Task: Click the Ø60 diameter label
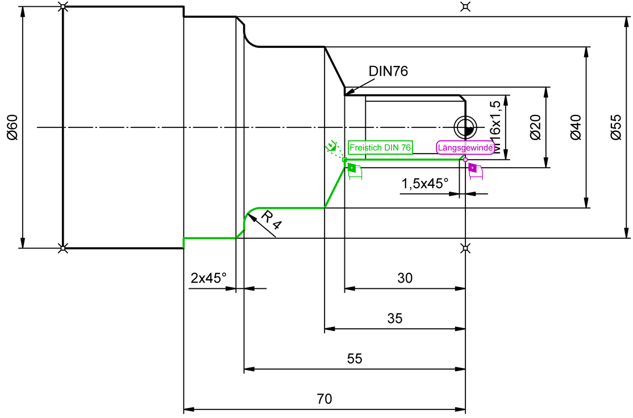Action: (13, 127)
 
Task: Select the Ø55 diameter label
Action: (616, 127)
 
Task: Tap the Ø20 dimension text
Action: (535, 127)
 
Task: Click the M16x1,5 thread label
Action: (494, 127)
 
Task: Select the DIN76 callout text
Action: (388, 71)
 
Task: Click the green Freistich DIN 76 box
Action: (380, 148)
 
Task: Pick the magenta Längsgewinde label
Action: (465, 148)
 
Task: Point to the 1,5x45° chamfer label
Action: (424, 184)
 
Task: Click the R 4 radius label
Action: (271, 220)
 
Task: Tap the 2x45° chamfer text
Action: (209, 278)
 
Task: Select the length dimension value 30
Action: (405, 278)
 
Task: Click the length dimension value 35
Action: (395, 318)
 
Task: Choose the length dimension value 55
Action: (355, 359)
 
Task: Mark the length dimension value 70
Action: (324, 399)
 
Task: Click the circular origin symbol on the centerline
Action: (465, 127)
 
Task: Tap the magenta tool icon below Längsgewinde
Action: (475, 171)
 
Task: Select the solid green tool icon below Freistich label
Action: (355, 171)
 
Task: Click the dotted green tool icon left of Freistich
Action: (332, 146)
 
